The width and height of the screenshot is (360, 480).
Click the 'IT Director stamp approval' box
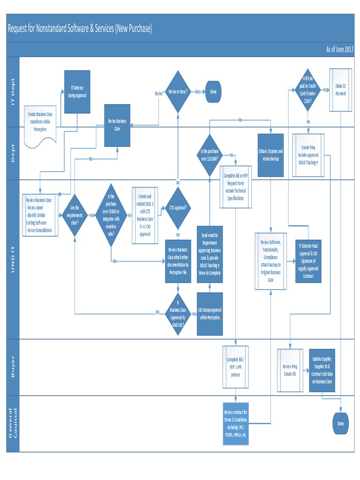(77, 92)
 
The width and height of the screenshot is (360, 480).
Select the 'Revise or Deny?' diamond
(178, 92)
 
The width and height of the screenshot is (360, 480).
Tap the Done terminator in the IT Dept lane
(213, 92)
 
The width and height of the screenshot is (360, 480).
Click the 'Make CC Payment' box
(340, 90)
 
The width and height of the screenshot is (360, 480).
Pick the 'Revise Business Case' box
(117, 125)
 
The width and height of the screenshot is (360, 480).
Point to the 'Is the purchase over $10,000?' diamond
(209, 155)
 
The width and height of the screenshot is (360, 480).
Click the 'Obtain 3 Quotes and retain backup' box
(270, 155)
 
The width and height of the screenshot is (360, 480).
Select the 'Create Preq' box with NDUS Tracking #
(308, 155)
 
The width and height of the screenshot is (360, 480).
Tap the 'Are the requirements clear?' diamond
(75, 215)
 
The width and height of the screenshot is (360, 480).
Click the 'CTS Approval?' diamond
(178, 208)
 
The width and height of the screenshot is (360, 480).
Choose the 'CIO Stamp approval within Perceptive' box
(210, 314)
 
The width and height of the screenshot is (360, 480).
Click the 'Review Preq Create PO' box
(290, 370)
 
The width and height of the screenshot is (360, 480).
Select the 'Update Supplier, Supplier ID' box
(322, 370)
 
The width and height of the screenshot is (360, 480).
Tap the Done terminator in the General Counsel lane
(340, 424)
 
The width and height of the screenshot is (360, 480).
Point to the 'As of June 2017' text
(339, 49)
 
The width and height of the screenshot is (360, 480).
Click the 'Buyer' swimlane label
(13, 367)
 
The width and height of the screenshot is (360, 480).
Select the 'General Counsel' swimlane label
(13, 423)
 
